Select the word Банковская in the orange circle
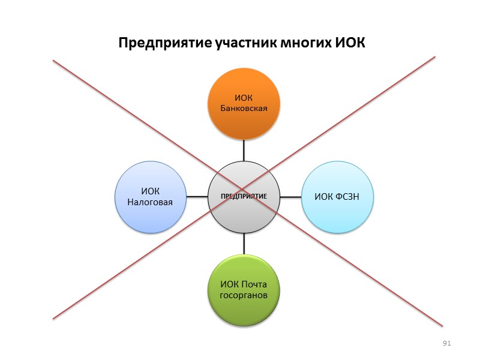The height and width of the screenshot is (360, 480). pyautogui.click(x=244, y=108)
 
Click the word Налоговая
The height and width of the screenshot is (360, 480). pyautogui.click(x=150, y=202)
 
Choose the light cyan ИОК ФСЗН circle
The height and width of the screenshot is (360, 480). pyautogui.click(x=338, y=196)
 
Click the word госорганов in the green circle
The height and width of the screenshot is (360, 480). pyautogui.click(x=244, y=296)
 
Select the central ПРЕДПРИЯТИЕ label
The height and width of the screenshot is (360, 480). pyautogui.click(x=244, y=197)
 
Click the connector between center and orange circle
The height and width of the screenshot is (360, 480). pyautogui.click(x=244, y=150)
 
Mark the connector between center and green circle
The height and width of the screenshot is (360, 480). pyautogui.click(x=244, y=243)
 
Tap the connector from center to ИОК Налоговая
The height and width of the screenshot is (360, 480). pyautogui.click(x=197, y=196)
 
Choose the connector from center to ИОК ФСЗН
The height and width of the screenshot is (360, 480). pyautogui.click(x=290, y=196)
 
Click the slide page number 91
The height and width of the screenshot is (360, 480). pyautogui.click(x=446, y=343)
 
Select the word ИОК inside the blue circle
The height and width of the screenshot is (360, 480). pyautogui.click(x=150, y=191)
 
